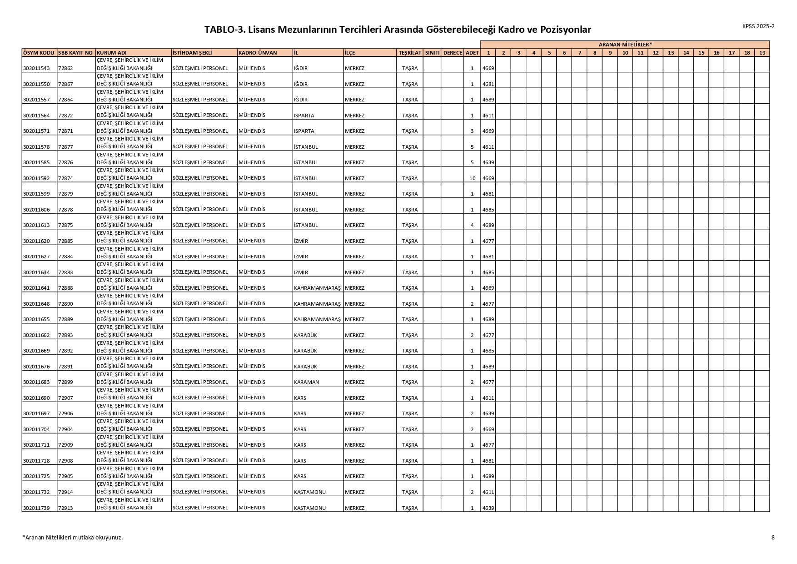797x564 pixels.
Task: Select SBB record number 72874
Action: (x=65, y=178)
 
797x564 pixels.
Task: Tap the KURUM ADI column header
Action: (x=112, y=53)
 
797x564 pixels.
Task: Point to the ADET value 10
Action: (x=472, y=178)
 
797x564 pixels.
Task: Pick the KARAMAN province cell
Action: (x=307, y=382)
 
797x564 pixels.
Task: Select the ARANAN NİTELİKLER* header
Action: (x=625, y=44)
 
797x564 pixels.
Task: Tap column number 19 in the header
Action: (x=762, y=53)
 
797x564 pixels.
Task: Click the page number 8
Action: (x=773, y=537)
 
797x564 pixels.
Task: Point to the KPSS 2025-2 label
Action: (x=758, y=26)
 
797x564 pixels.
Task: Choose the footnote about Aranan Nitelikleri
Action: (x=73, y=537)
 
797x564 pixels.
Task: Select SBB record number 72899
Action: (x=65, y=382)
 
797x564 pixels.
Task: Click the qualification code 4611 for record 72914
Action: (x=488, y=492)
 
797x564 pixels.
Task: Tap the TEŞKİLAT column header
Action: (x=410, y=53)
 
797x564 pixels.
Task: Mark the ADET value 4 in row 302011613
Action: (x=472, y=225)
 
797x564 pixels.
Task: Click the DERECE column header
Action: (x=452, y=53)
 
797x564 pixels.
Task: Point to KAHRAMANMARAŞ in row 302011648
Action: (x=317, y=304)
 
